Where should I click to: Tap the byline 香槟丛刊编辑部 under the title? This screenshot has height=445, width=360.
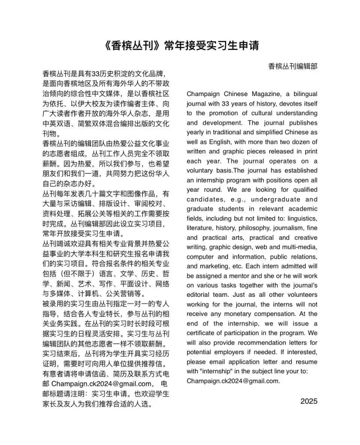coord(293,66)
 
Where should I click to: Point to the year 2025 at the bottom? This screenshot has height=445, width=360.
coord(309,401)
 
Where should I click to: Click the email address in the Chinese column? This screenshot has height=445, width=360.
coord(101,384)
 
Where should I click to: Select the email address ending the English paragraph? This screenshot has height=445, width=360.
coord(233,381)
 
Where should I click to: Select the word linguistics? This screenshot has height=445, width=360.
coord(303,218)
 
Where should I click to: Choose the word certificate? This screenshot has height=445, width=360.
coord(202,333)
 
